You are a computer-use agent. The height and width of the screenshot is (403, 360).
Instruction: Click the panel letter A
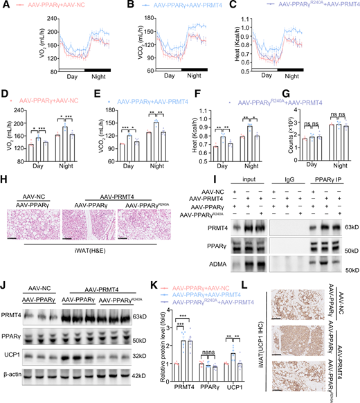point(5,6)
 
